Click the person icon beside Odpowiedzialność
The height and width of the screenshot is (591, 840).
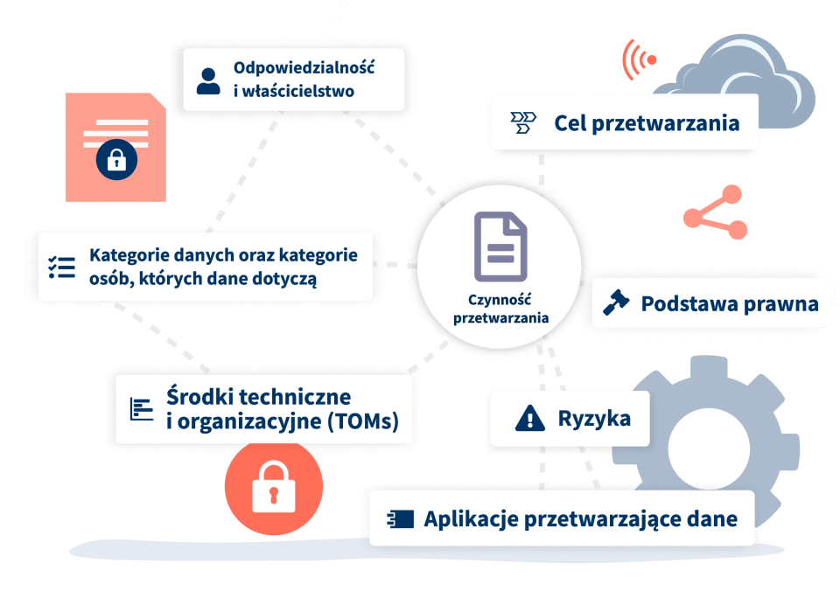(208, 80)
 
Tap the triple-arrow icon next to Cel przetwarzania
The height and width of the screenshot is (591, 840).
(523, 122)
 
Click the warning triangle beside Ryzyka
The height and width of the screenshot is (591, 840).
(530, 419)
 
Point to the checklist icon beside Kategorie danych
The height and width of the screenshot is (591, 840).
(62, 267)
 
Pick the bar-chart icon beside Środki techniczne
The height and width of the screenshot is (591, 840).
(142, 408)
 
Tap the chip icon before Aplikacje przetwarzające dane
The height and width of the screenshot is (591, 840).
(399, 519)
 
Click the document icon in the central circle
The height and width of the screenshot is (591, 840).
(500, 246)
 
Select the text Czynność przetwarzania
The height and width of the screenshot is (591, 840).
(500, 309)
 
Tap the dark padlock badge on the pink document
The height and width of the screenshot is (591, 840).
(115, 159)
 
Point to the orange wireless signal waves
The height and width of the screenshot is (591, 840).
(637, 59)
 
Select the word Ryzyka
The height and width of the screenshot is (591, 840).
(594, 419)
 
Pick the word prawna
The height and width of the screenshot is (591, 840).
(780, 303)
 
